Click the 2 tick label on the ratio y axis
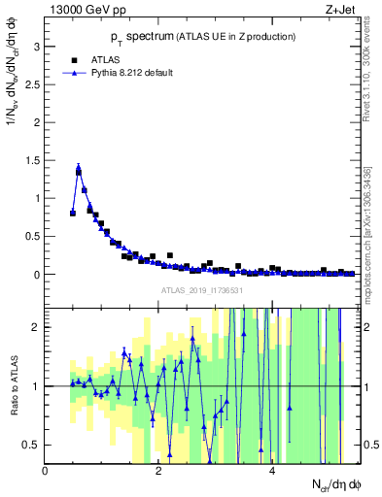pos(37,326)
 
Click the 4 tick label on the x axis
pos(272,470)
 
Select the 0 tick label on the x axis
pos(46,470)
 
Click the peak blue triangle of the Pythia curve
pos(78,168)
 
